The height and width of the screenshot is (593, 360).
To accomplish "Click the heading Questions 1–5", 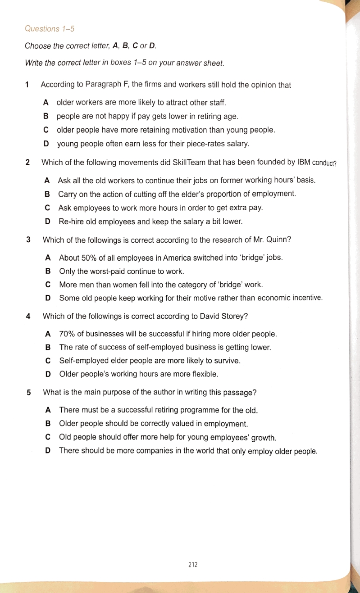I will [50, 29].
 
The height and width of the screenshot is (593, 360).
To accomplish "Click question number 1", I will [27, 85].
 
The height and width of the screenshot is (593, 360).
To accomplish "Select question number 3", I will [28, 240].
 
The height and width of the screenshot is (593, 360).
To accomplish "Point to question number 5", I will [29, 392].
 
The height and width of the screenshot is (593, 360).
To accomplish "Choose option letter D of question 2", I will [47, 222].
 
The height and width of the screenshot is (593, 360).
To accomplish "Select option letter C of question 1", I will [46, 130].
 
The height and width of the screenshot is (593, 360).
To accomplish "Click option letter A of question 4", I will [48, 334].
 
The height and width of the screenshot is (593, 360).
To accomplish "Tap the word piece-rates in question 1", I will [201, 144].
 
